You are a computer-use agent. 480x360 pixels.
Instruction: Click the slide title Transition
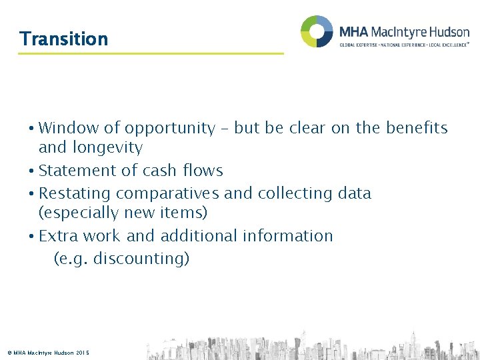[x=64, y=39]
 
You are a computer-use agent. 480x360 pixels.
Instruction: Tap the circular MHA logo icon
[x=317, y=31]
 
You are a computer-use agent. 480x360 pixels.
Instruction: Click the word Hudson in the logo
[x=445, y=31]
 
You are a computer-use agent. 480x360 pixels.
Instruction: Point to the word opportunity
[x=169, y=129]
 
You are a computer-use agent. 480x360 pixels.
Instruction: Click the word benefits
[x=417, y=128]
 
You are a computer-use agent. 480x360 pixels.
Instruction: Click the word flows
[x=203, y=171]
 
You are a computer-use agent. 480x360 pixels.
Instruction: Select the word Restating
[x=75, y=193]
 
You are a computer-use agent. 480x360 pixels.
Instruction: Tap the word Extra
[x=60, y=236]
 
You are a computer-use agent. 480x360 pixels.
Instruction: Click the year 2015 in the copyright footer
[x=83, y=353]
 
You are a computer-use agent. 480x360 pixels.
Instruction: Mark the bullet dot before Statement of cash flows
[x=32, y=171]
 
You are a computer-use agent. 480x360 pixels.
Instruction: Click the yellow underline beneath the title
[x=151, y=53]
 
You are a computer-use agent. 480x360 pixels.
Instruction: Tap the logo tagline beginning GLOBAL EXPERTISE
[x=404, y=45]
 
